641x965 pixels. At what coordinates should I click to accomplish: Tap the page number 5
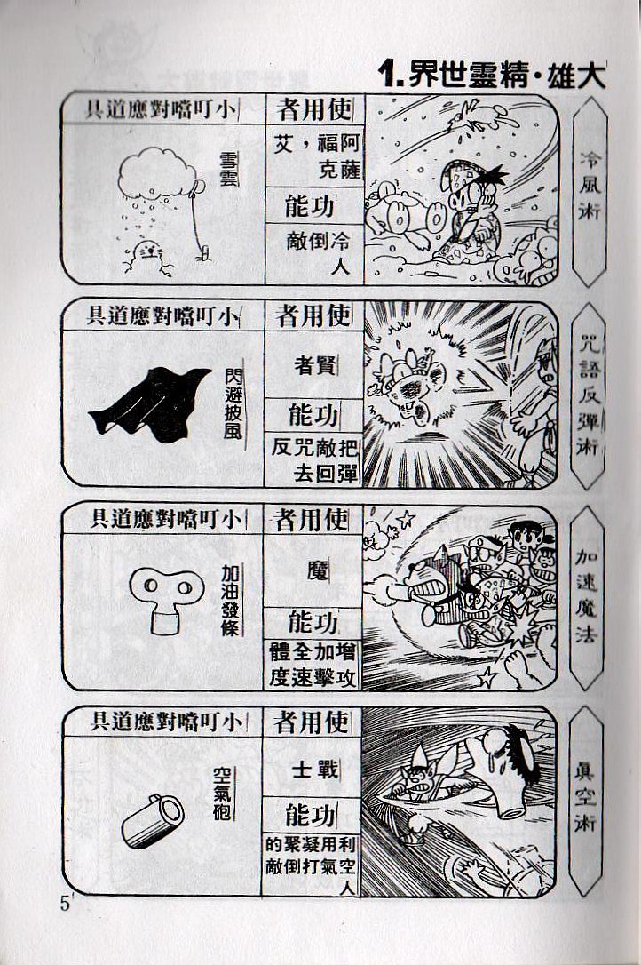tap(65, 904)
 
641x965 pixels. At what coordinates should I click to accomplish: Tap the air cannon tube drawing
tap(153, 820)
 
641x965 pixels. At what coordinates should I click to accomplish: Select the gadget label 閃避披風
tap(233, 403)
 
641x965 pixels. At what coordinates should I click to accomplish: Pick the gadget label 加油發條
tap(229, 600)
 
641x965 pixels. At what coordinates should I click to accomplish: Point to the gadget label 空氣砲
tap(221, 794)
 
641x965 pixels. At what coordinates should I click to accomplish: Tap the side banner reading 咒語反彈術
tap(588, 394)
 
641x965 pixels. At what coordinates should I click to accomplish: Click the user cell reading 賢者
tap(314, 365)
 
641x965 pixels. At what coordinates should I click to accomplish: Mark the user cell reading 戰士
tap(315, 769)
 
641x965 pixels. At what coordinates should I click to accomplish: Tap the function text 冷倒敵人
tap(318, 252)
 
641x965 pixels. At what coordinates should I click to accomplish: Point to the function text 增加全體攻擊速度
tap(313, 665)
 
